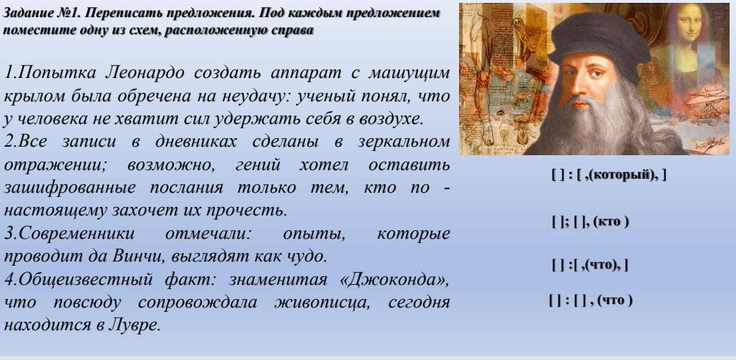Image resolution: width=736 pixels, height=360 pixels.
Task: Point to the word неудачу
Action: [x=244, y=96]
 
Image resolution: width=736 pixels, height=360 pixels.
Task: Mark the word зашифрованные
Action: [x=70, y=188]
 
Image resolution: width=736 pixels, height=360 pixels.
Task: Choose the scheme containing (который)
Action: [x=608, y=175]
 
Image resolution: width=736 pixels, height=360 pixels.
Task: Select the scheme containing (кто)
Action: [x=591, y=222]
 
